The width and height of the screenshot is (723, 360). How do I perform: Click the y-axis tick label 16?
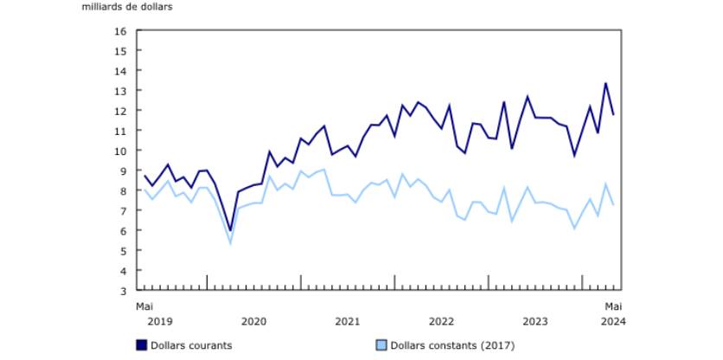click(x=121, y=31)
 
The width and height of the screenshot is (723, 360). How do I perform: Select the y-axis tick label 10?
click(x=121, y=151)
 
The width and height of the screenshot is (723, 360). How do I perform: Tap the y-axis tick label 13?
click(x=121, y=91)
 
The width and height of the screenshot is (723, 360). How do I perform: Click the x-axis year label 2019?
click(x=159, y=322)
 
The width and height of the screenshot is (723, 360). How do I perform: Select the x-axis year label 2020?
click(x=253, y=322)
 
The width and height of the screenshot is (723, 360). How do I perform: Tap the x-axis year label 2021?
click(x=347, y=322)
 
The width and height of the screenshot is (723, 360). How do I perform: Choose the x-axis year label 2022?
click(x=441, y=322)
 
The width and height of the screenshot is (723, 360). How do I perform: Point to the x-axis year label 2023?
click(x=534, y=322)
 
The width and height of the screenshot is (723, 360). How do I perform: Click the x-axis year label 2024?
click(x=612, y=322)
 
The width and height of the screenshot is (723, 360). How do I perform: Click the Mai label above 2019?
click(x=144, y=306)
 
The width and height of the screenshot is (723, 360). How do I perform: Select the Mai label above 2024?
click(x=612, y=306)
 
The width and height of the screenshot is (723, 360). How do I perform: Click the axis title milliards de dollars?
click(x=127, y=8)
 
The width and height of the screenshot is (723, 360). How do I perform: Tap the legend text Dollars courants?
click(x=191, y=345)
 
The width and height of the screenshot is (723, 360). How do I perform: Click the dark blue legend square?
click(x=141, y=345)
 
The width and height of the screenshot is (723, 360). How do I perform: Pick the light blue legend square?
click(x=381, y=345)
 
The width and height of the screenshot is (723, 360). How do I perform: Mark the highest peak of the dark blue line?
click(x=605, y=83)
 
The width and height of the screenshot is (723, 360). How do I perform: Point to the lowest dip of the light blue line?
click(x=230, y=243)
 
